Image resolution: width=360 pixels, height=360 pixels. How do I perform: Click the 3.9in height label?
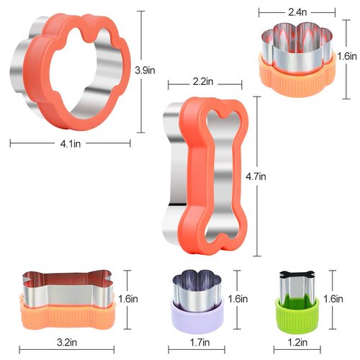point(146,70)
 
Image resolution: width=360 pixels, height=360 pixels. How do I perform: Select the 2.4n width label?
point(298,12)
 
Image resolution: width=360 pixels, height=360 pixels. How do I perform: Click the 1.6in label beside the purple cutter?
point(238,298)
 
